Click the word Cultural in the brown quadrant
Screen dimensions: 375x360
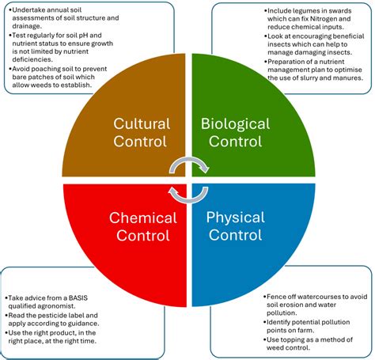[x=142, y=123]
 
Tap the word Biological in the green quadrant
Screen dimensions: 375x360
[x=235, y=124]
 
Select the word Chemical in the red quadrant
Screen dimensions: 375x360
[x=143, y=218]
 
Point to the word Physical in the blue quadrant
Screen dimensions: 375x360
[x=235, y=218]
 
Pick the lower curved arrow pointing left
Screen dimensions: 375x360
[x=188, y=198]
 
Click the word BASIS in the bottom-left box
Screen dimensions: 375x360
[x=78, y=298]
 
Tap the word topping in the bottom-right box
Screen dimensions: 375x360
[x=291, y=339]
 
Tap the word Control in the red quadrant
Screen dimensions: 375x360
[x=143, y=236]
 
